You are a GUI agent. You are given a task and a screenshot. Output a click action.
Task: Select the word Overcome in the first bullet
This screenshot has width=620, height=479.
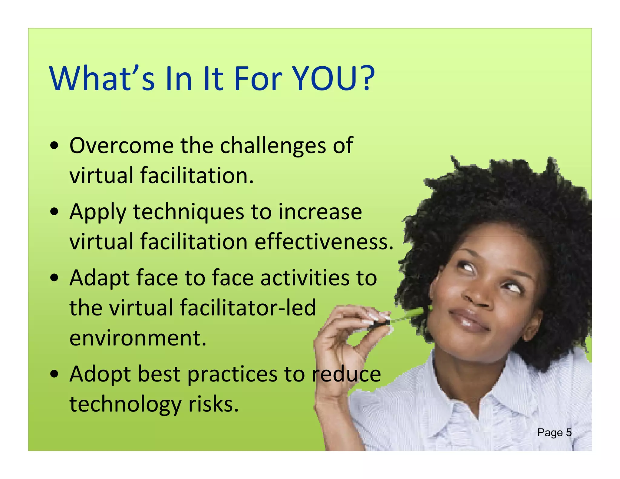tap(121, 146)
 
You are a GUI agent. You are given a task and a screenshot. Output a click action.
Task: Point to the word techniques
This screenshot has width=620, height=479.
tap(188, 212)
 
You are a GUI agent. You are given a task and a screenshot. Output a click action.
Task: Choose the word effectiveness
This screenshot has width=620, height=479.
tap(324, 242)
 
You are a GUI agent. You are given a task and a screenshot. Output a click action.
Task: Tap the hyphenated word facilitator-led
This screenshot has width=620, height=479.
tap(248, 308)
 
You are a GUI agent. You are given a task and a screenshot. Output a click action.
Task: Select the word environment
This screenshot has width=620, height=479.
tap(138, 338)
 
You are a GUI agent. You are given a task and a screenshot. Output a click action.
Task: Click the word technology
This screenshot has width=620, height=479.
tap(125, 405)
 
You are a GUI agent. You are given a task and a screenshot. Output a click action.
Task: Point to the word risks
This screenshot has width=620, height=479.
tap(213, 405)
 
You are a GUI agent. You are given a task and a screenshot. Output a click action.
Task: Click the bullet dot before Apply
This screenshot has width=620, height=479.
tap(54, 212)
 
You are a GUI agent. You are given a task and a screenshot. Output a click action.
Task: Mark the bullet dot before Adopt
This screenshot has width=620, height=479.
tap(54, 375)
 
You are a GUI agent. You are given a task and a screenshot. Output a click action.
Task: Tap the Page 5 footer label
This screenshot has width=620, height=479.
tap(554, 433)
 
